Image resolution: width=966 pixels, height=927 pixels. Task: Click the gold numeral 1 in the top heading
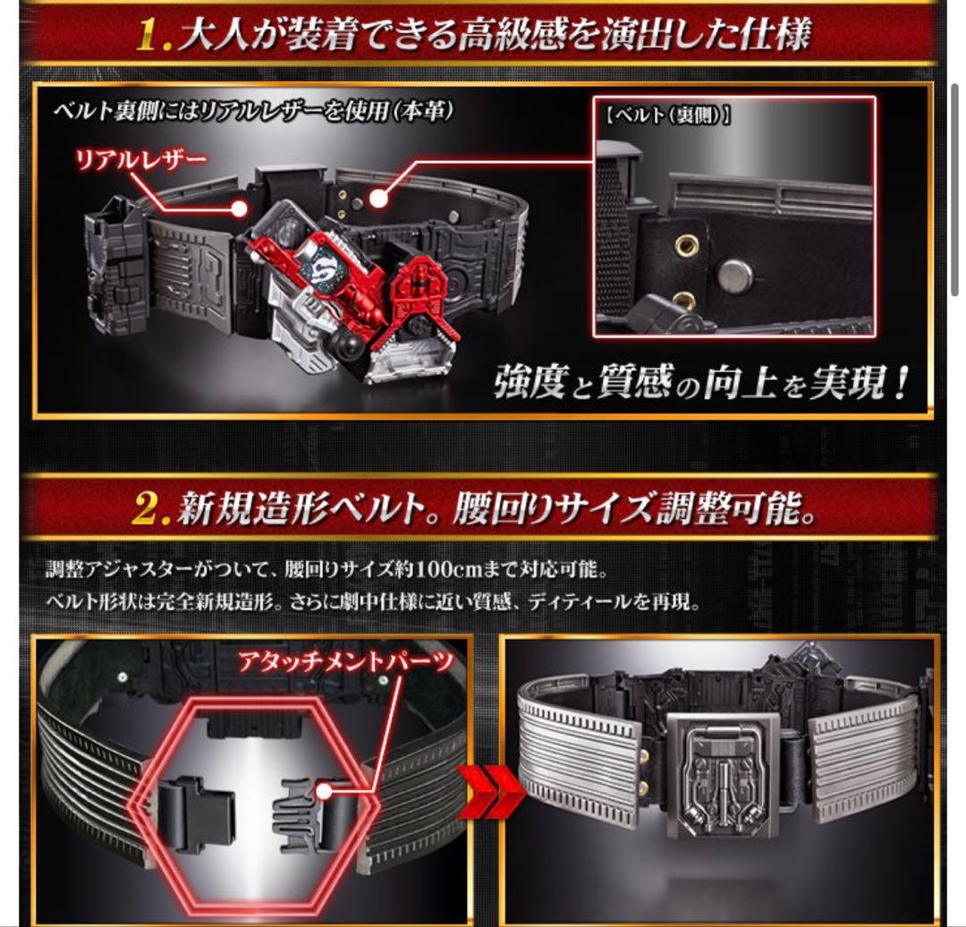155,37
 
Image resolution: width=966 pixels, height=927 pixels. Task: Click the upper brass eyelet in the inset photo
687,242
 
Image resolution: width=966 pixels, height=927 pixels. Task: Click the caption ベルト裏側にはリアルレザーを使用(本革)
254,113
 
